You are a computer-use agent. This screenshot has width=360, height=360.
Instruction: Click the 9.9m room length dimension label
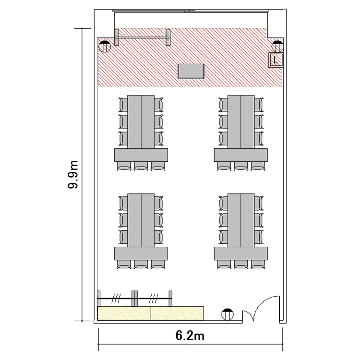[x=73, y=175]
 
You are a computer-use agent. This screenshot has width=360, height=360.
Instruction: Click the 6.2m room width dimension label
[x=190, y=336]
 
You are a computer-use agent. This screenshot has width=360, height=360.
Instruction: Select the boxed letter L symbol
[x=276, y=60]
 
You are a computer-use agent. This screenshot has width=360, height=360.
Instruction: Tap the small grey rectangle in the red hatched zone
[x=191, y=72]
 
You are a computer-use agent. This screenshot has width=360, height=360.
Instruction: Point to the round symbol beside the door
[x=228, y=314]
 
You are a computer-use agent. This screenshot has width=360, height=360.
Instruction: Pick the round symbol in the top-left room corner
[x=105, y=47]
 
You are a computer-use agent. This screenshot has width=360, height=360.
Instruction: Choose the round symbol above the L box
[x=277, y=47]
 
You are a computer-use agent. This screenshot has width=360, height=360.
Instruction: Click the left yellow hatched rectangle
[x=124, y=313]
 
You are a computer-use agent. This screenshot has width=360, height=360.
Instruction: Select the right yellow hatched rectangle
[x=178, y=313]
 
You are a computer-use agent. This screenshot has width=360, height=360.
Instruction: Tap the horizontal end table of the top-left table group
[x=141, y=155]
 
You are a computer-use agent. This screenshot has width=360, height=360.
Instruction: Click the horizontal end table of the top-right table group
[x=241, y=155]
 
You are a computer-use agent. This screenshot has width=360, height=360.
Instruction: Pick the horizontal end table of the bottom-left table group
[x=141, y=253]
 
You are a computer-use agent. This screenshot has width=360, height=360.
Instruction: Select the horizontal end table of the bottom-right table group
[x=241, y=253]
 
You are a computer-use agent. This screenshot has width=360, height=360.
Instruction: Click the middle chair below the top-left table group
[x=141, y=166]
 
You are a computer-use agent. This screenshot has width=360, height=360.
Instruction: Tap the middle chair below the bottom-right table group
[x=241, y=264]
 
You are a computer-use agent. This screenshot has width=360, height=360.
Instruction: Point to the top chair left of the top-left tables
[x=123, y=105]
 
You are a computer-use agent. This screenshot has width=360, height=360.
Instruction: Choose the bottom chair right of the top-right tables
[x=259, y=139]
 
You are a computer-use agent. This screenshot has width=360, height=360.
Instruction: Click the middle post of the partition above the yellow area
[x=135, y=299]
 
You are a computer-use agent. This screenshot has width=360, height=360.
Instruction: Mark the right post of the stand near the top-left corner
[x=168, y=37]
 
